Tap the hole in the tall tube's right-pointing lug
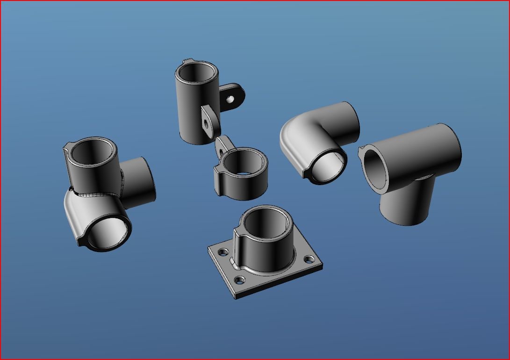coord(230,99)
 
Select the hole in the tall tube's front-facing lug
coord(206,123)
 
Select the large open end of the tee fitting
coord(377,170)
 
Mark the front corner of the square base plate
coord(236,296)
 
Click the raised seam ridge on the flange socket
coord(237,243)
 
